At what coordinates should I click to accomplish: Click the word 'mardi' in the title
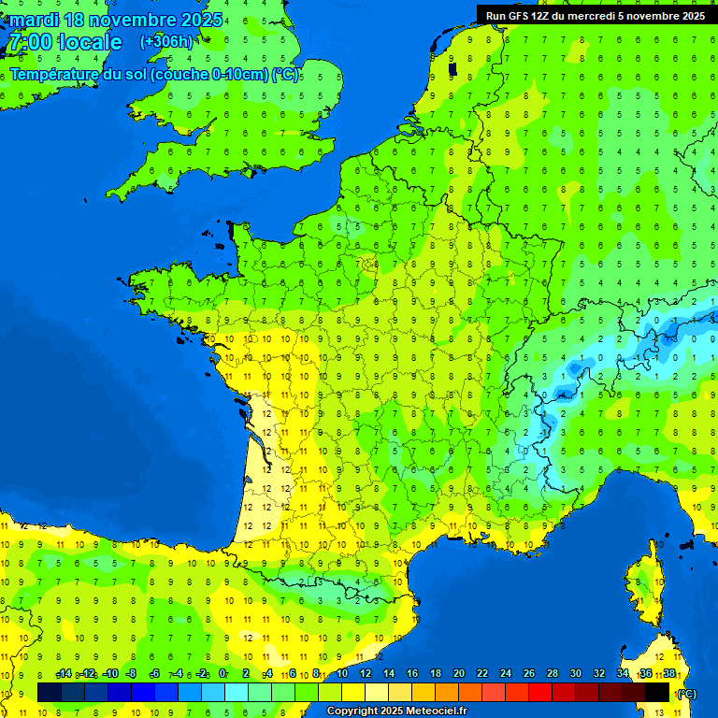click(x=34, y=20)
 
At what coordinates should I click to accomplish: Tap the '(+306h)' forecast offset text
click(x=165, y=41)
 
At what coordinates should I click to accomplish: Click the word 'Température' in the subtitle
click(x=52, y=74)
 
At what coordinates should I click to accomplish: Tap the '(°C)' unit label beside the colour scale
click(x=686, y=693)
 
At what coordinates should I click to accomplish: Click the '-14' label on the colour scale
click(x=64, y=673)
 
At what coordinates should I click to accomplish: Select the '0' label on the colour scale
click(x=223, y=673)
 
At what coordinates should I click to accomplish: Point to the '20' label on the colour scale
click(x=458, y=673)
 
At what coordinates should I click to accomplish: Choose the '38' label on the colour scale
click(x=669, y=673)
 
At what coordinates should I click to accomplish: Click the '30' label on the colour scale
click(x=576, y=673)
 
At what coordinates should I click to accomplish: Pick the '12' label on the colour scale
click(x=365, y=673)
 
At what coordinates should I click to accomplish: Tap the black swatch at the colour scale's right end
click(x=657, y=692)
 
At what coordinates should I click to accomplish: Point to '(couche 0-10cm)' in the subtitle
click(x=208, y=74)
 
